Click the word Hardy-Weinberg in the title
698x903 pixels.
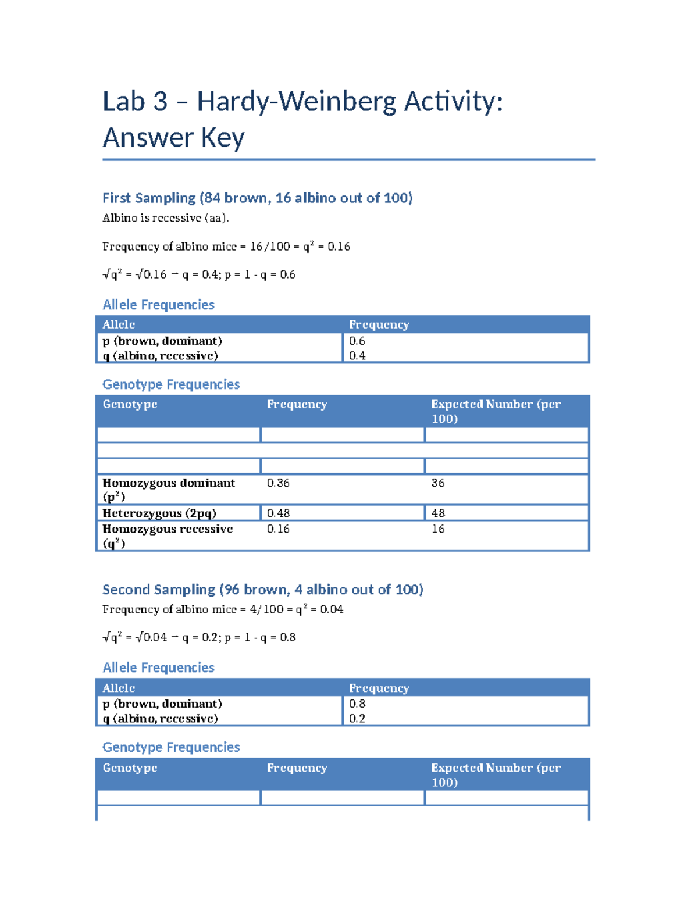pos(297,102)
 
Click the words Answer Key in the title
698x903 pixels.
pos(173,138)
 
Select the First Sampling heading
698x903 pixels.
pos(257,198)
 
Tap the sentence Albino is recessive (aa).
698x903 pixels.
pos(166,218)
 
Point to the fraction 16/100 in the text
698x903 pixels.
pos(270,247)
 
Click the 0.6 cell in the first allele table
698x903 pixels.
pos(357,341)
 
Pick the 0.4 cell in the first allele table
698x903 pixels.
pos(357,355)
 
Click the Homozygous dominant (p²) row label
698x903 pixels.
pos(169,489)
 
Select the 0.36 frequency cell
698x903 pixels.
pos(278,483)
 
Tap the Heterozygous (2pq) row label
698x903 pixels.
pos(159,513)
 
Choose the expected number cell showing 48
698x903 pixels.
pos(438,513)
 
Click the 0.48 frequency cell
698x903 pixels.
pos(278,513)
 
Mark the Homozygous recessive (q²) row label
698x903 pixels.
pos(168,536)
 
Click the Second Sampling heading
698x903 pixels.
pos(262,590)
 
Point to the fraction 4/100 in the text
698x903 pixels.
pos(266,609)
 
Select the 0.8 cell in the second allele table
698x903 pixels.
pos(357,704)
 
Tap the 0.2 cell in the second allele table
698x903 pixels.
pos(357,718)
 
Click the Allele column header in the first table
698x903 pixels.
pos(119,324)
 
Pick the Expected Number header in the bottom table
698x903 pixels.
pos(495,774)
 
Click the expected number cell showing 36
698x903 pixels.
pos(438,483)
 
